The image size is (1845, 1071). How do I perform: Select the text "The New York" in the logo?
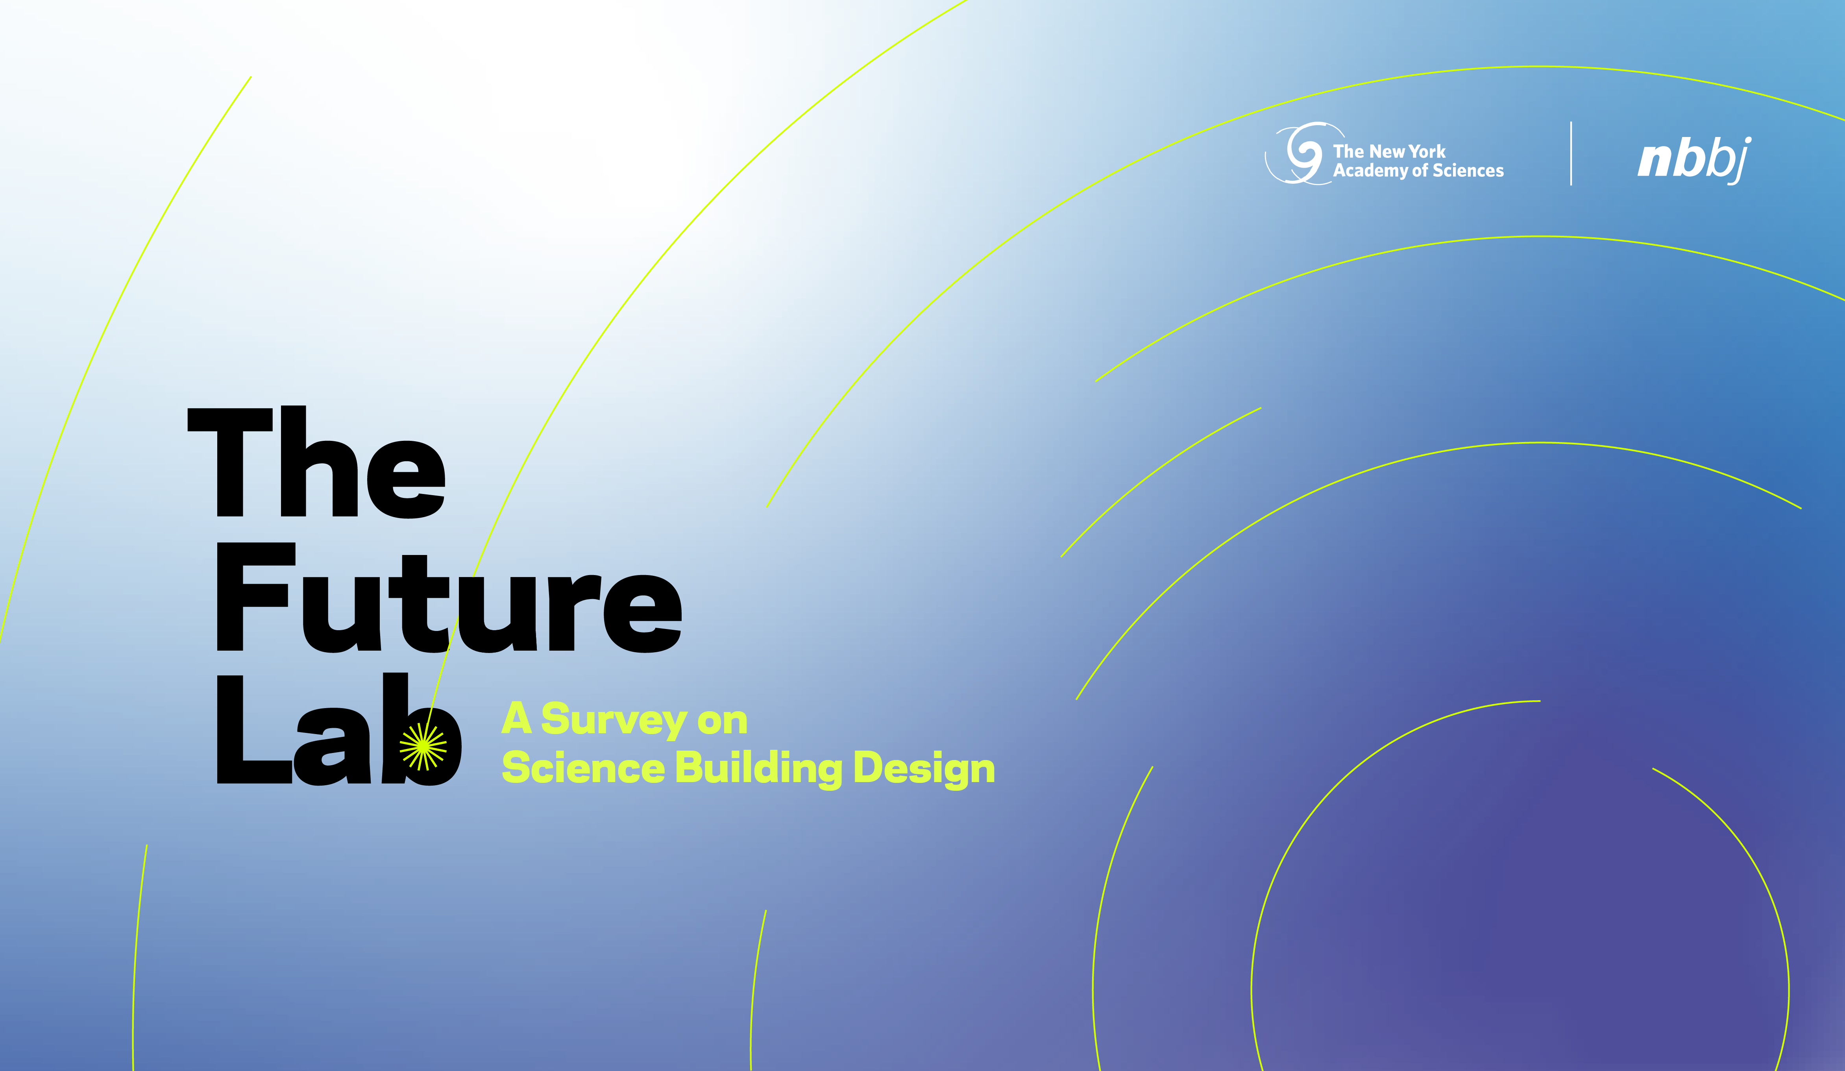tap(1389, 152)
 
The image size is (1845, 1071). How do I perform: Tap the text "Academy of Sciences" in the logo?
tap(1418, 170)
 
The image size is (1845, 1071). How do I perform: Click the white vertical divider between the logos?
tap(1571, 154)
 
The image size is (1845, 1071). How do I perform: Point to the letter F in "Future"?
tap(256, 597)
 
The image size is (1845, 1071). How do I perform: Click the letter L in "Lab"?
tap(255, 729)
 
